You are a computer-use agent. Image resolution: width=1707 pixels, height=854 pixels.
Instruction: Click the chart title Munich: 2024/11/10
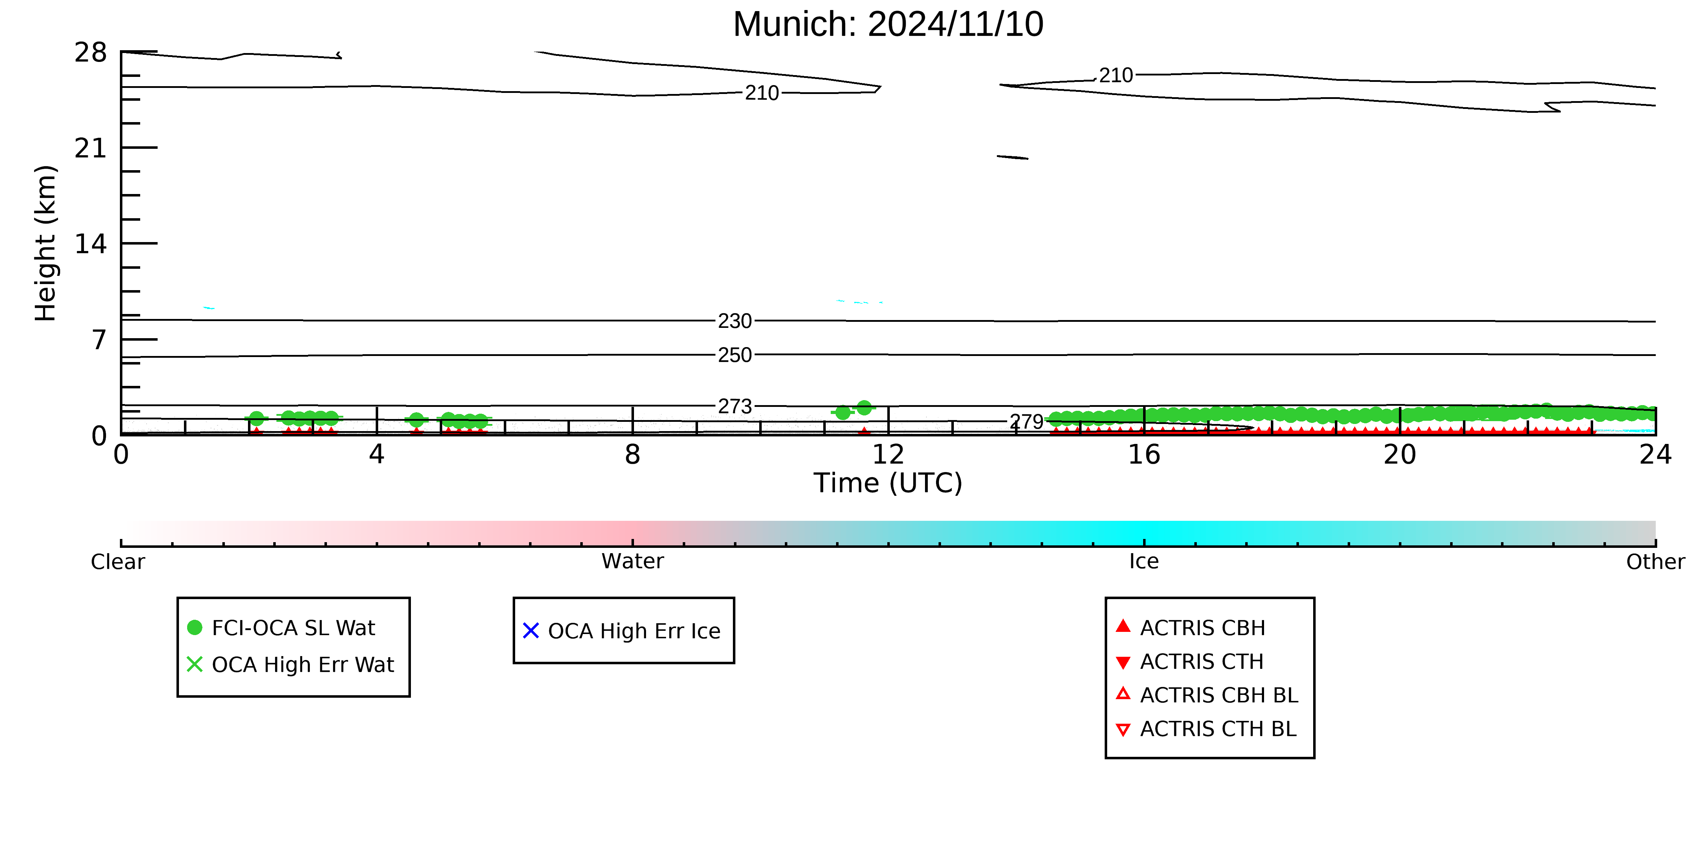tap(888, 25)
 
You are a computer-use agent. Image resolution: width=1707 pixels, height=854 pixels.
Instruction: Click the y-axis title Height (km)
tap(46, 243)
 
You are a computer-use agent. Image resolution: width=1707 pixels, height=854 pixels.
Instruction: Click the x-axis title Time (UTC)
tap(888, 483)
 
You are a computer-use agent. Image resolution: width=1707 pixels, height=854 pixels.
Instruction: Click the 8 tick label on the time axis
tap(633, 455)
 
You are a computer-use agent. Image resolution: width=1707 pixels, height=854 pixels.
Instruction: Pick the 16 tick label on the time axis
tap(1145, 455)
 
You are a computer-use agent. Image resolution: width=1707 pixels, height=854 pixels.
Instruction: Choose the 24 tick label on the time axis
tap(1655, 455)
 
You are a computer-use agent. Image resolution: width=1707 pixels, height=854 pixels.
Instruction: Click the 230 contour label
tap(735, 321)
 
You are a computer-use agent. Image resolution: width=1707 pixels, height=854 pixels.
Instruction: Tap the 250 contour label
tap(735, 355)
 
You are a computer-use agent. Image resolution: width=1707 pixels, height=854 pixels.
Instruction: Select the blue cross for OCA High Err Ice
tap(531, 630)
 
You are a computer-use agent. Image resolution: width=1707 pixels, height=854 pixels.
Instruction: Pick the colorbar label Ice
tap(1145, 562)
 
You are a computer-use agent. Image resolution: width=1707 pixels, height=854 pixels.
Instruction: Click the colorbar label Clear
tap(118, 562)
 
